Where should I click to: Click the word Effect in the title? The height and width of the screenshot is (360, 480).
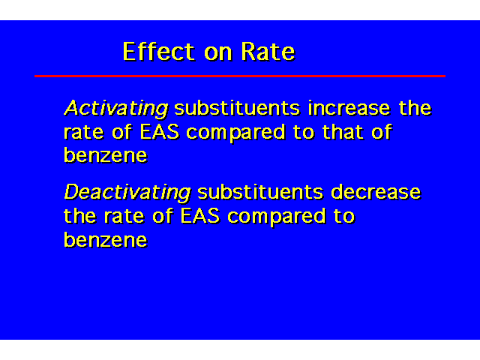(158, 52)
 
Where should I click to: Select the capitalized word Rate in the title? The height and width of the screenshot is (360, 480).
(268, 52)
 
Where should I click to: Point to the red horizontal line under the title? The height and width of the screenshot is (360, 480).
(240, 76)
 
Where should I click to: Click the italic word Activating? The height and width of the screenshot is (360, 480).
(116, 109)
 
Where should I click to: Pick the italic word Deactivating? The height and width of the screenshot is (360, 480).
(127, 193)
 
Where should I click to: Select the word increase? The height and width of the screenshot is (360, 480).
(349, 108)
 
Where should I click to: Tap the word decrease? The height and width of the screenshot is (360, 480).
(376, 192)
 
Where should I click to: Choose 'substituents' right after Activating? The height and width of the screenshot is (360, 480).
(237, 108)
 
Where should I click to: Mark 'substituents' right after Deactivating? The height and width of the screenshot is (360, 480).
(260, 192)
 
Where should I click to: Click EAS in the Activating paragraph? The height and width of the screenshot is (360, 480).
(160, 132)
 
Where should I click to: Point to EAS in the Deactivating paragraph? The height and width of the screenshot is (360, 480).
(200, 216)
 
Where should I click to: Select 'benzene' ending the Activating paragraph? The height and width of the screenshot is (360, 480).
(106, 154)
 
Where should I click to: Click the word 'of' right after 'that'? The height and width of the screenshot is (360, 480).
(382, 132)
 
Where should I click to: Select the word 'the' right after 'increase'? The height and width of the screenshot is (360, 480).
(415, 108)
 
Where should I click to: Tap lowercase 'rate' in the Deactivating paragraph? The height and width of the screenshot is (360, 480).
(124, 217)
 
